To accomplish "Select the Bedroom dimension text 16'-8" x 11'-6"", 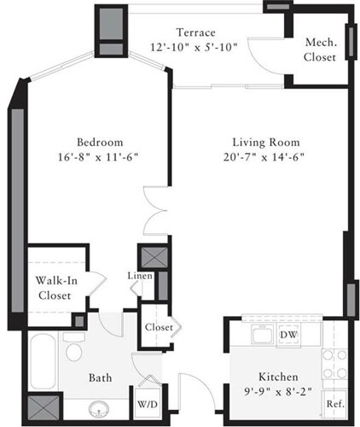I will (x=101, y=156).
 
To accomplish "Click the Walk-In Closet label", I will (x=54, y=287).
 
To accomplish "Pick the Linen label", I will (x=140, y=276).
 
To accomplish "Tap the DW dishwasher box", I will (x=290, y=335).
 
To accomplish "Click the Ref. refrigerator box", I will (x=334, y=403).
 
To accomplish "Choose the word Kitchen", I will (x=278, y=377).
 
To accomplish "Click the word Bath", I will (x=102, y=377).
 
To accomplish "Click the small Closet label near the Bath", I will (x=159, y=327).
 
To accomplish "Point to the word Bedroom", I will (x=101, y=141).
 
